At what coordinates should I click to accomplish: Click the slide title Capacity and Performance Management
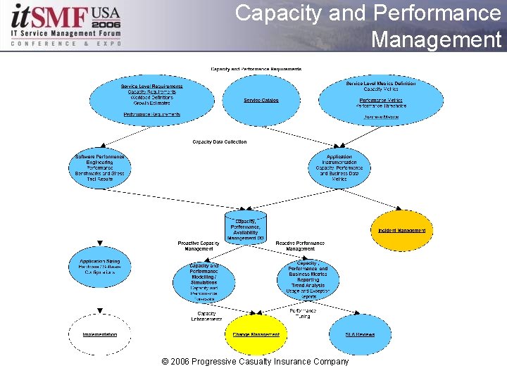(x=368, y=26)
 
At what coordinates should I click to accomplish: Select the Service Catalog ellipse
(x=261, y=100)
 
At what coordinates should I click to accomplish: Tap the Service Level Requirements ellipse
(x=152, y=99)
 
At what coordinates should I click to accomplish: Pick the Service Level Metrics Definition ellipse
(x=381, y=100)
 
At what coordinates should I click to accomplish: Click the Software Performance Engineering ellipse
(x=99, y=167)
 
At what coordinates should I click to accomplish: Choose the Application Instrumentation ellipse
(x=339, y=168)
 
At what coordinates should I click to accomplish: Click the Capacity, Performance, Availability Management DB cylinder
(x=246, y=227)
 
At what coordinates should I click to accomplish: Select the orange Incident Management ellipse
(x=399, y=230)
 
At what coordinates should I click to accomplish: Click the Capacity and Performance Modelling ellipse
(x=204, y=282)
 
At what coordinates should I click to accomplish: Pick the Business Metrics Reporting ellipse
(x=307, y=280)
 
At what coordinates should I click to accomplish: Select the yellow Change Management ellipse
(x=256, y=334)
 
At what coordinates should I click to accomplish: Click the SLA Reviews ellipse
(x=360, y=334)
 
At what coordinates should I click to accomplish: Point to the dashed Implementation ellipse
(x=99, y=334)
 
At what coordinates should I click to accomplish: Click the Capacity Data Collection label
(x=220, y=141)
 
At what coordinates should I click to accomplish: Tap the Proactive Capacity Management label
(x=199, y=246)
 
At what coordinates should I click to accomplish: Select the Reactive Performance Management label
(x=300, y=246)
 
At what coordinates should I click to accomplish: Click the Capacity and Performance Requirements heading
(x=256, y=69)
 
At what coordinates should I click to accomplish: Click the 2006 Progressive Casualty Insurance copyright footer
(x=255, y=362)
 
